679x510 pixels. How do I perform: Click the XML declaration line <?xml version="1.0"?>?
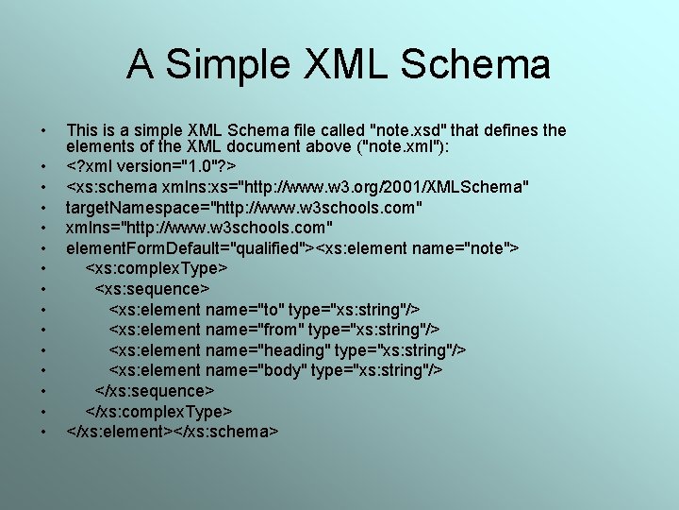(151, 167)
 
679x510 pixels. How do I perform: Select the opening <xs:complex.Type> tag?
(156, 268)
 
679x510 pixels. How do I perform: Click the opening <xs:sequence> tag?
(152, 289)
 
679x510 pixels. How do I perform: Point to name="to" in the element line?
(243, 310)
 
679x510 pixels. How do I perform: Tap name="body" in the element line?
(254, 370)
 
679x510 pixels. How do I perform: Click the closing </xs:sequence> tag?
(155, 391)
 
